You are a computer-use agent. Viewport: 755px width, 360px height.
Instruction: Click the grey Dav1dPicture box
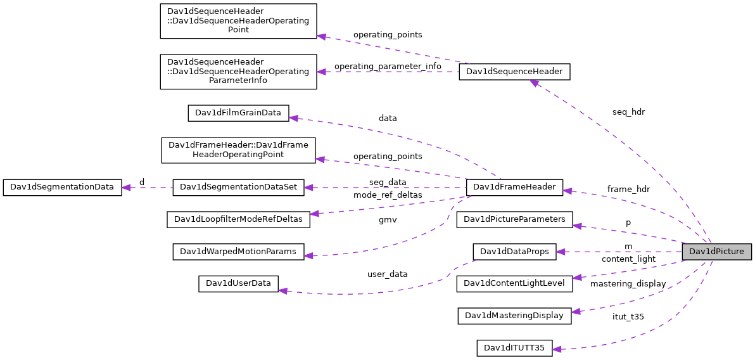(716, 252)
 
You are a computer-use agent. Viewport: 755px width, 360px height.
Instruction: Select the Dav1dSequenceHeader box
(514, 72)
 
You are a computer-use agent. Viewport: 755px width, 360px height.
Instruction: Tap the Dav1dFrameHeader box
(514, 187)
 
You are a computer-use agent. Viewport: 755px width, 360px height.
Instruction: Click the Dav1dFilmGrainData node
(238, 113)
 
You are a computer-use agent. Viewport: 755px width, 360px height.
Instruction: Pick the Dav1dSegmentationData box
(62, 187)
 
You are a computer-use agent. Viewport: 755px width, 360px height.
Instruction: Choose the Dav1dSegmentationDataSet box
(239, 187)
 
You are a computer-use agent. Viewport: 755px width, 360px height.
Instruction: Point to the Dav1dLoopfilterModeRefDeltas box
(238, 219)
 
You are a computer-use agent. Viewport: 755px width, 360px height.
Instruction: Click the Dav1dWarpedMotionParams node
(238, 252)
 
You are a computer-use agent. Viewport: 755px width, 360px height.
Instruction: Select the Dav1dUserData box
(238, 283)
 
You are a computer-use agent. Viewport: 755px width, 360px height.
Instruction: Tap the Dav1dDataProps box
(514, 252)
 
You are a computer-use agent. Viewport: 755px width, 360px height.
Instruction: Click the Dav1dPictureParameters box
(514, 219)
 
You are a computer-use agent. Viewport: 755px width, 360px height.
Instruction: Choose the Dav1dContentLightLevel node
(514, 283)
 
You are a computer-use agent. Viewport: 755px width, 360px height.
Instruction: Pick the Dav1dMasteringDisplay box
(514, 316)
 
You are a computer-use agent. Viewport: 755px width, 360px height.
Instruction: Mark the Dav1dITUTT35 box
(514, 348)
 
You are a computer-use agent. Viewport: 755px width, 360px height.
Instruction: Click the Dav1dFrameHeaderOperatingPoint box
(238, 150)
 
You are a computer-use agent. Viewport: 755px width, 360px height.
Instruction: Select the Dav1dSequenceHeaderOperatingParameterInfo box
(238, 71)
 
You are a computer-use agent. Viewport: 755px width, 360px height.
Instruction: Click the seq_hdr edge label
(628, 112)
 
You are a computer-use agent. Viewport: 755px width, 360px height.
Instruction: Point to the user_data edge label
(387, 274)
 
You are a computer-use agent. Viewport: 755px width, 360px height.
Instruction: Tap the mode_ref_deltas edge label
(388, 195)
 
